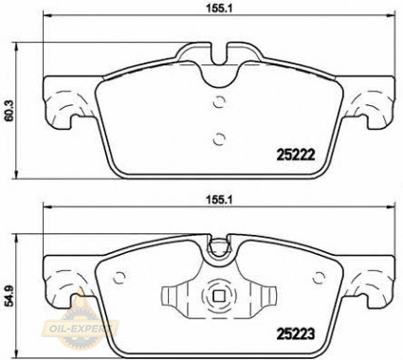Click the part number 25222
tap(296, 154)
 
